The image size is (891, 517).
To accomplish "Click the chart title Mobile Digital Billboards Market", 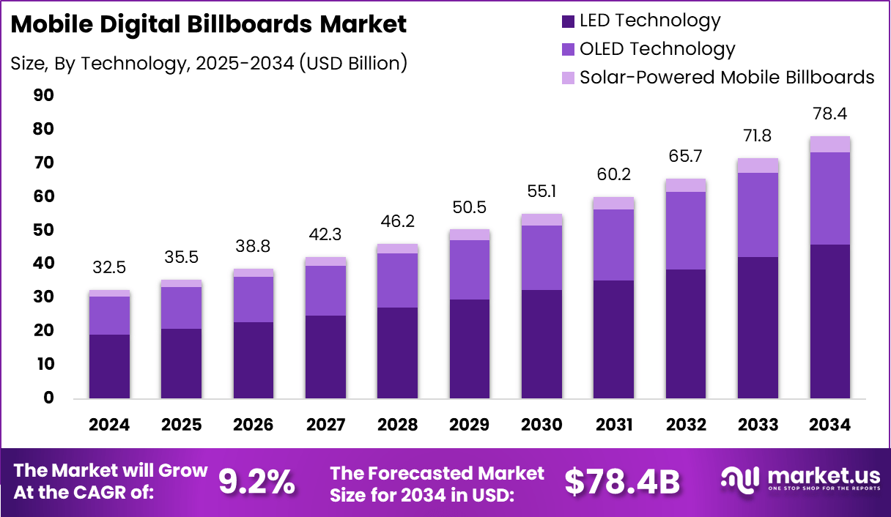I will [209, 24].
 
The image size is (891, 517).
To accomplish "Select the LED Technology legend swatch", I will [568, 21].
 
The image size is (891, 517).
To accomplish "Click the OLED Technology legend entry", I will [657, 49].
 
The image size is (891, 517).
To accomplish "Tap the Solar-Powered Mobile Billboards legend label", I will [727, 77].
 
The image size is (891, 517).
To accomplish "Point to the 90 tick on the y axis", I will [43, 95].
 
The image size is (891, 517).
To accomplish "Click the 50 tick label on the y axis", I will [43, 230].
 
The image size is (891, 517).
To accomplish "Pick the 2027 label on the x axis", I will [325, 425].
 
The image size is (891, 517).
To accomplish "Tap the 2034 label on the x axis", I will [830, 425].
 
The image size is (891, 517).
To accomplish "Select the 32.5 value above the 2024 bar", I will [109, 268].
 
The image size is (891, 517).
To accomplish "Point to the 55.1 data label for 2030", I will [542, 192].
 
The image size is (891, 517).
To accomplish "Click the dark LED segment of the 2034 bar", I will [830, 322].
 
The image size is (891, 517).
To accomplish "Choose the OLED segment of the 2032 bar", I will [686, 231].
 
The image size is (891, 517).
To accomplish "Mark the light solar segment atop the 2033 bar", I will [758, 165].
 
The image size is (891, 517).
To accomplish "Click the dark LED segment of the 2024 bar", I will [109, 366].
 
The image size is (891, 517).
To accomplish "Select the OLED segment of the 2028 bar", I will [398, 280].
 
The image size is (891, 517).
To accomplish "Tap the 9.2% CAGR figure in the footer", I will [256, 481].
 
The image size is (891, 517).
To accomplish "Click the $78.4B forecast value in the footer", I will [622, 481].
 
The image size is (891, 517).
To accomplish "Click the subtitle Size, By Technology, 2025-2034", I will [209, 63].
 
